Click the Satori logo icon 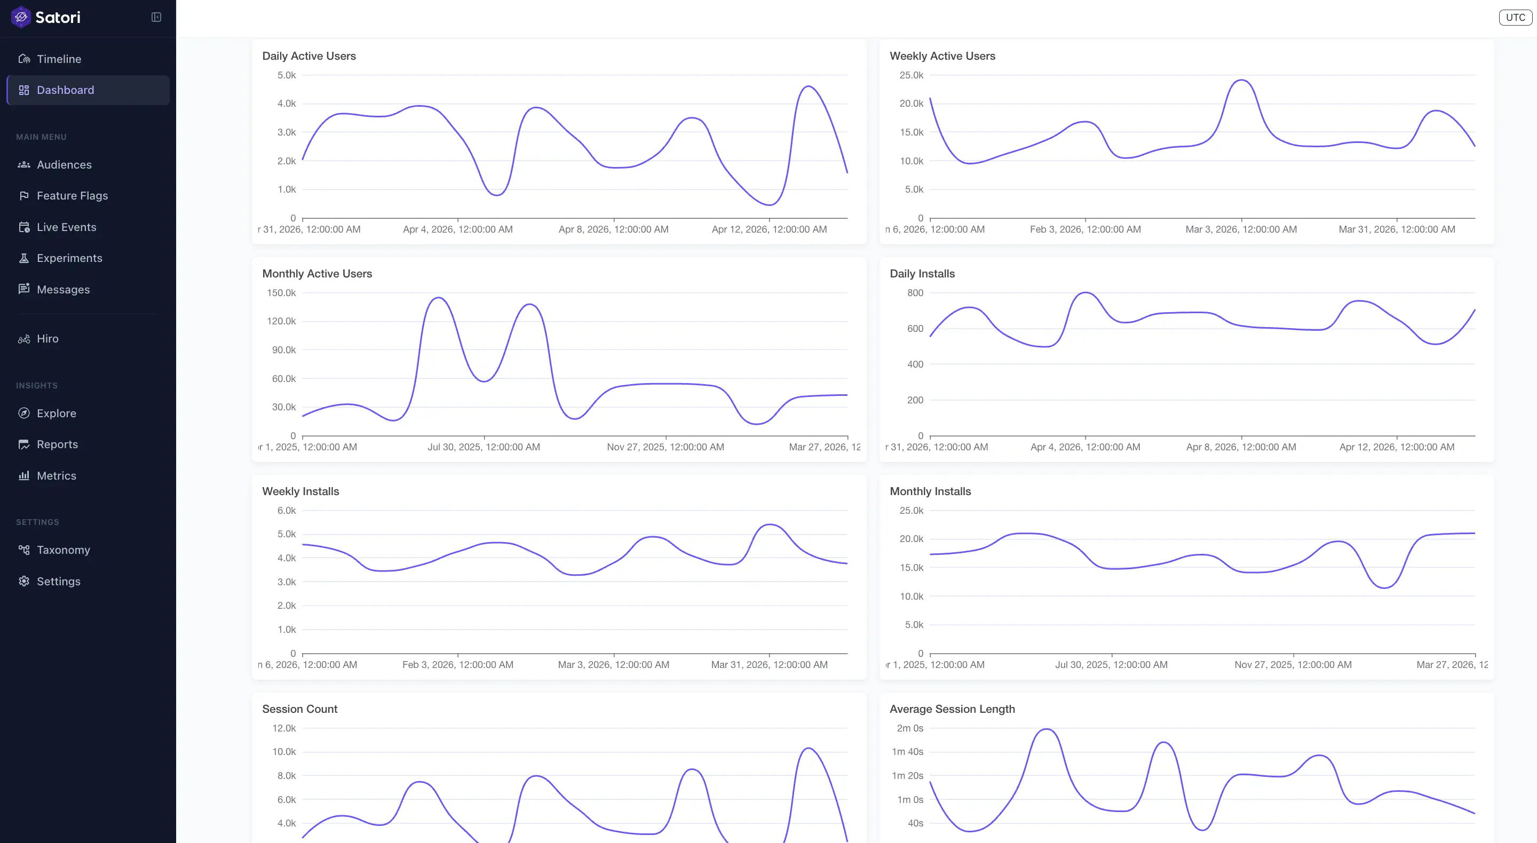click(21, 17)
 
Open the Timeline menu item click(59, 59)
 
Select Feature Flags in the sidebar click(72, 196)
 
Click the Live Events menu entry click(66, 227)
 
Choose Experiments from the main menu click(69, 258)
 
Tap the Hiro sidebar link click(47, 339)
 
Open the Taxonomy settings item click(64, 550)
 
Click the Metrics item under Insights click(56, 476)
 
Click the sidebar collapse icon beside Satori click(156, 17)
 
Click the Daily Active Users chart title click(309, 56)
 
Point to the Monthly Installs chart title click(930, 491)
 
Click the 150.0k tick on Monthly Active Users click(281, 293)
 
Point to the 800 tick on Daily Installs click(915, 293)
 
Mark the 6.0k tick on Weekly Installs click(287, 511)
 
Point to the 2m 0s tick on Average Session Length click(909, 728)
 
